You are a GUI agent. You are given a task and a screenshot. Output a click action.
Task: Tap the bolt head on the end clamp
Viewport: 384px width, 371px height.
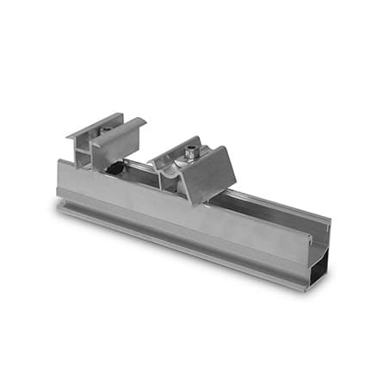(105, 129)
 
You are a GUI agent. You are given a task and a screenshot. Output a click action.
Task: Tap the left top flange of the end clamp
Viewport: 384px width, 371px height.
(92, 125)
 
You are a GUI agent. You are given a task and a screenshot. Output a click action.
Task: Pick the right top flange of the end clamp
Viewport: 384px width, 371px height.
(121, 133)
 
